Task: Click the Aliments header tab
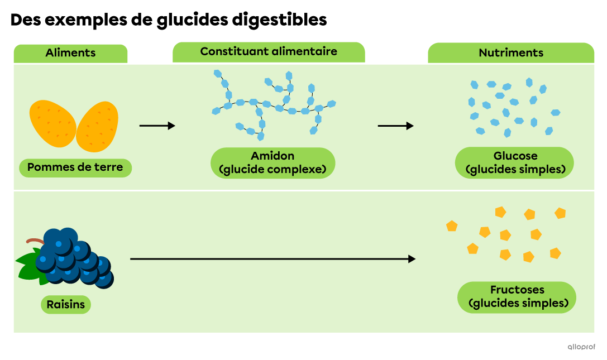point(70,53)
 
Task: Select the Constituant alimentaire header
point(269,51)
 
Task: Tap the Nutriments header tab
point(511,53)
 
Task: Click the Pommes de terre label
point(75,167)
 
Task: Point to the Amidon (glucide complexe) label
point(273,162)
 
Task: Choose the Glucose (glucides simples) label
point(514,162)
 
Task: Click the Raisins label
point(66,305)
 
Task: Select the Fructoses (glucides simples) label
point(517,297)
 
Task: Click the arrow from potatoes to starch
point(157,126)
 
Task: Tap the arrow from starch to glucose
point(395,126)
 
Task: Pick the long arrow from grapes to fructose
point(273,259)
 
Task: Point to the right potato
point(97,127)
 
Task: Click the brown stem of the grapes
point(35,241)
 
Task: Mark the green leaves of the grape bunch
point(27,266)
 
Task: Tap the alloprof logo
point(581,347)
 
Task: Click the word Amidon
point(273,156)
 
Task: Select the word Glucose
point(515,156)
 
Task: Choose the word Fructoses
point(517,290)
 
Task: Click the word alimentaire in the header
point(303,51)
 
